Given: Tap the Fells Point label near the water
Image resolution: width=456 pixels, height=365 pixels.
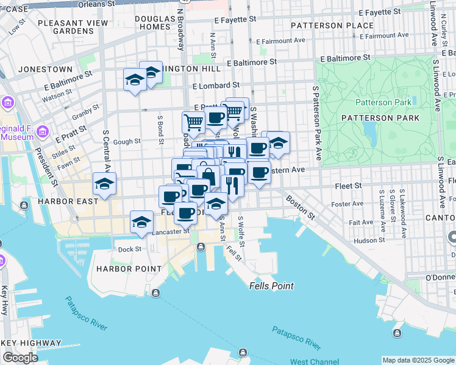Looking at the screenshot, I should point(271,286).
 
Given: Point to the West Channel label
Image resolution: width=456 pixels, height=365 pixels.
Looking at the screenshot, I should point(315,361).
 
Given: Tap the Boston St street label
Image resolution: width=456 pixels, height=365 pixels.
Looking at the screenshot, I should point(301,207).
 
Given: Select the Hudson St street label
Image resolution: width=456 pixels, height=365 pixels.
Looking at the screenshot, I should point(368,240).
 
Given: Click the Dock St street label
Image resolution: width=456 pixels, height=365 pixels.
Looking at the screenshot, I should point(129,249).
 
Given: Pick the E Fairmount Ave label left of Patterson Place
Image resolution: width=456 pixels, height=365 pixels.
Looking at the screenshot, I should point(281,41).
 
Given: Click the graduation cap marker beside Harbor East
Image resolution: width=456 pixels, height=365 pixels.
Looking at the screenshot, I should point(104,183).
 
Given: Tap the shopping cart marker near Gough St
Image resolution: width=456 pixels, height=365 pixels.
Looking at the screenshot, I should point(194,122).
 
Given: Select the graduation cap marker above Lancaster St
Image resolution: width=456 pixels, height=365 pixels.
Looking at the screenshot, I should point(141,221).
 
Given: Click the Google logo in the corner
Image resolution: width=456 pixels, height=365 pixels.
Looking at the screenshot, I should point(21,358).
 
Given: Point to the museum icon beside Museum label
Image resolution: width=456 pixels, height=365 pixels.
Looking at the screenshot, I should point(43,131).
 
